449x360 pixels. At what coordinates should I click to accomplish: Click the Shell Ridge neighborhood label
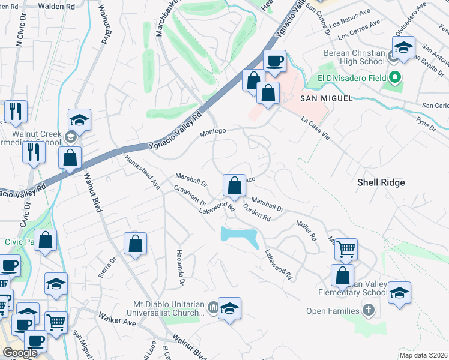coord(381,182)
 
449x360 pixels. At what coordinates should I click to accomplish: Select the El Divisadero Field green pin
coord(394,77)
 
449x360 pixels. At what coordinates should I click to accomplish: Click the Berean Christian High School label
coord(354,57)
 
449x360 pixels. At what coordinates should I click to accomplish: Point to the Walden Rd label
coord(56,5)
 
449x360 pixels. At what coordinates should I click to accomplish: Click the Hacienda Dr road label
coord(179,266)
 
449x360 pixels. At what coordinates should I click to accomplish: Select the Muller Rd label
coord(306,230)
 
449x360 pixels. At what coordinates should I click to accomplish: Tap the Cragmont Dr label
coord(190,196)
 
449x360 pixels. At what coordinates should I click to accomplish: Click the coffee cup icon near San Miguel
coord(275,61)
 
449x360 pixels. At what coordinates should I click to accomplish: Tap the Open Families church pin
coord(368,311)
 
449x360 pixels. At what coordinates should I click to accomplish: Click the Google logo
coord(20,353)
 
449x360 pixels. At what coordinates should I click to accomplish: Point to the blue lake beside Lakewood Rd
coord(241,235)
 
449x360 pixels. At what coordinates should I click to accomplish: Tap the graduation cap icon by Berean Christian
coord(404,47)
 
